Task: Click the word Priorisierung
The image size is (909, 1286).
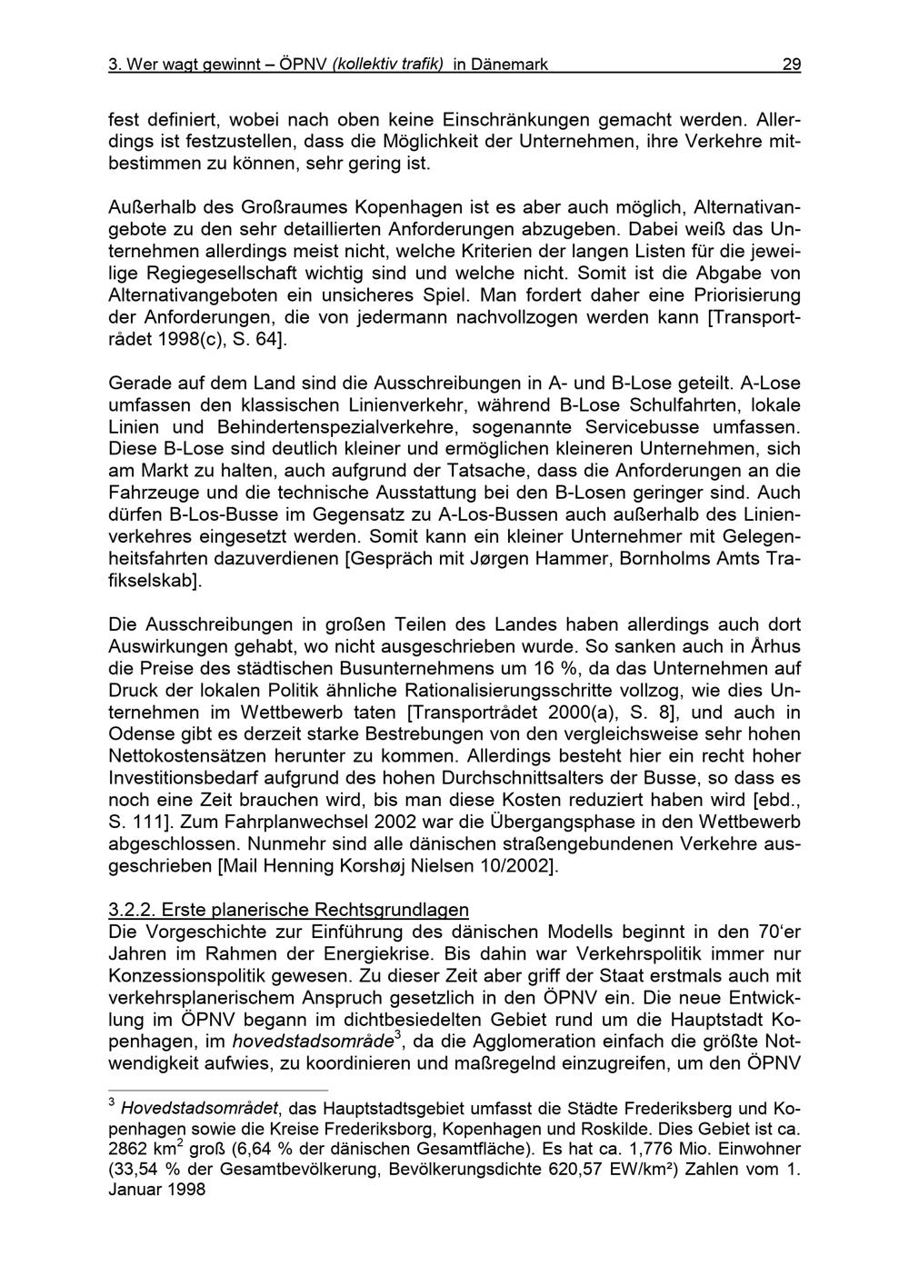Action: [740, 294]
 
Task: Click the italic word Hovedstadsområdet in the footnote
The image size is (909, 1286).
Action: [199, 1109]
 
